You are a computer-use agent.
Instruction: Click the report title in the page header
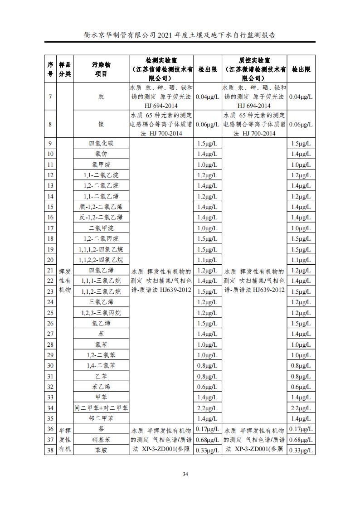click(180, 34)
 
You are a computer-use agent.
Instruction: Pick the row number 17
click(50, 228)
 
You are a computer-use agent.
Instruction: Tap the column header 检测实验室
click(162, 69)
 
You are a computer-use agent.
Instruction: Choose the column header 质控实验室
click(254, 69)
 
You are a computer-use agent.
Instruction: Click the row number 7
click(50, 97)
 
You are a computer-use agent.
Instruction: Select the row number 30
click(50, 366)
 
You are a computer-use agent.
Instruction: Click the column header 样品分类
click(64, 69)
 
